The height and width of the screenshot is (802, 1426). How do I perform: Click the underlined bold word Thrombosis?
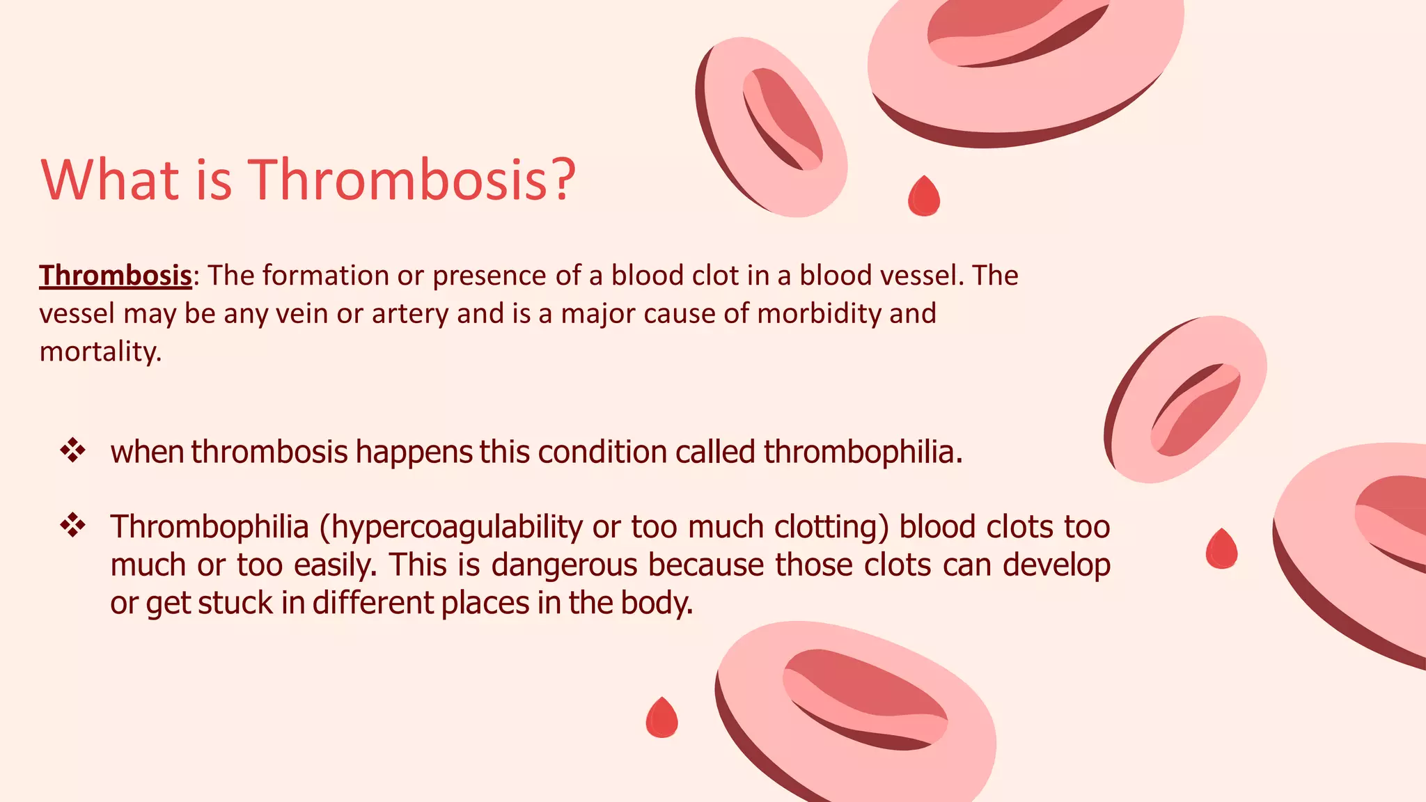pos(115,276)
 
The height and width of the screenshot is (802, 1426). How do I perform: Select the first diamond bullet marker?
pos(72,451)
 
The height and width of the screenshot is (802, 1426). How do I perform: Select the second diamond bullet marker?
pos(72,526)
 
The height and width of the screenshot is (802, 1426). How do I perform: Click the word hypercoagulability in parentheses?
pos(456,527)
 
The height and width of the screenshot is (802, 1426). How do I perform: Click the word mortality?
pos(100,352)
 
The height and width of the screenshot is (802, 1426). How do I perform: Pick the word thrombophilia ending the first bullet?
pos(862,452)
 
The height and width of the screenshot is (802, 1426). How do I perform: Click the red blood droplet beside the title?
pos(924,197)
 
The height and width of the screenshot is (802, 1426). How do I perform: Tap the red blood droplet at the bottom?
pos(661,718)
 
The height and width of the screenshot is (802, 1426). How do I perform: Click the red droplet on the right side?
pos(1221,549)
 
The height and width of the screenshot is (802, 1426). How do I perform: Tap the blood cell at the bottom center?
pos(856,710)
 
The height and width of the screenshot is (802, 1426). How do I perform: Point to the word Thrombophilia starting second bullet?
pos(210,527)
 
